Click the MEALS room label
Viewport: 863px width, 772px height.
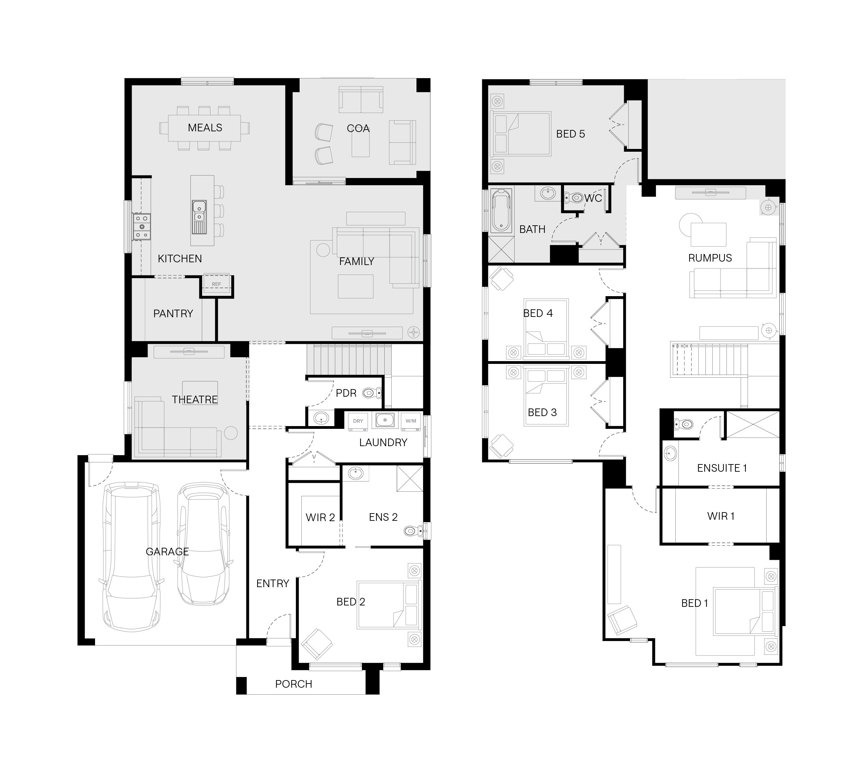point(205,128)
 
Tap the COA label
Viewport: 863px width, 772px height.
point(358,129)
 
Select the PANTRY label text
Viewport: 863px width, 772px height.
point(173,313)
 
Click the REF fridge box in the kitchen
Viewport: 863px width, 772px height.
point(216,283)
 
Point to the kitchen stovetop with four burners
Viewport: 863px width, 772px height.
point(142,226)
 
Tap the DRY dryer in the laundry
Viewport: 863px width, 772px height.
point(358,421)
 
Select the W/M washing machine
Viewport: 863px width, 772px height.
point(411,421)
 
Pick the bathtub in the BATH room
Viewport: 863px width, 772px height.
point(501,210)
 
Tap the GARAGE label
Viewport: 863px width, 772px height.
point(167,552)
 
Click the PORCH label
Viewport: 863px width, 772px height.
point(294,684)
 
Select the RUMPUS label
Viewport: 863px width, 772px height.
point(710,258)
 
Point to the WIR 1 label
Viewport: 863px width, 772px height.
point(721,516)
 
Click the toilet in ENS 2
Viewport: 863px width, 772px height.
point(414,530)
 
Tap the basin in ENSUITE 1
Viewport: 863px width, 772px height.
point(670,453)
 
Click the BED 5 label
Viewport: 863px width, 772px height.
point(570,134)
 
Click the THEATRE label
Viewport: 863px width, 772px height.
point(195,399)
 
